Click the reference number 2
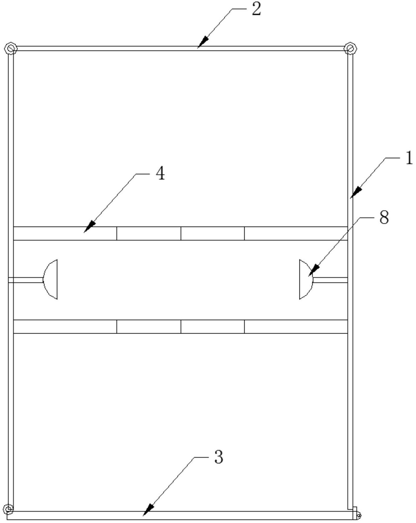pos(256,10)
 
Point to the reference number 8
pos(384,217)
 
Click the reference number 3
pos(219,457)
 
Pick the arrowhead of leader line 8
pos(314,270)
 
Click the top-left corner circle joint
pos(10,49)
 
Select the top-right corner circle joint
pos(350,49)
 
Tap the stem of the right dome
pos(330,280)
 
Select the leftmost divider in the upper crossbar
pos(117,233)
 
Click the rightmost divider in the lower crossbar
pos(245,326)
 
